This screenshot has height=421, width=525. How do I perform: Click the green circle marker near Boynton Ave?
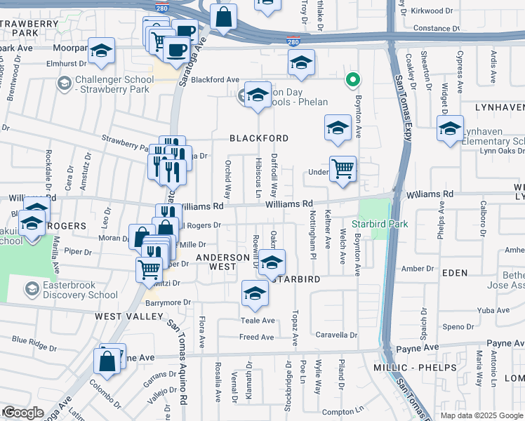[354, 81]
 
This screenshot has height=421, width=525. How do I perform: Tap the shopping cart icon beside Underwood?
[342, 168]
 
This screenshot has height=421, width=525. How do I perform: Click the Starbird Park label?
[380, 224]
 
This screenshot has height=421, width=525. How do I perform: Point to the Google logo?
[22, 413]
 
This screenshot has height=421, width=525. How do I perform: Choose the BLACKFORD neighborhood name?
[259, 138]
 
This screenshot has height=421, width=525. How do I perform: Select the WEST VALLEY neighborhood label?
[124, 316]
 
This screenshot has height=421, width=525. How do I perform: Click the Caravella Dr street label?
[336, 335]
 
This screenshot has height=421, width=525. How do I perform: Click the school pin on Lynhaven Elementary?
[450, 128]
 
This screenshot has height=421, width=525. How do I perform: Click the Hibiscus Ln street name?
[258, 176]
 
